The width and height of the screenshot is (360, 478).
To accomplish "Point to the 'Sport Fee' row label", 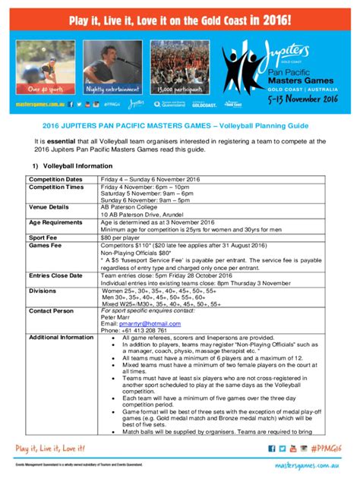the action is pos(44,237).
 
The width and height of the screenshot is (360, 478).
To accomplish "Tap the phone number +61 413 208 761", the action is pos(133,331).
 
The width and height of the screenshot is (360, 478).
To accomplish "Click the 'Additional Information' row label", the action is pos(61,337).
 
